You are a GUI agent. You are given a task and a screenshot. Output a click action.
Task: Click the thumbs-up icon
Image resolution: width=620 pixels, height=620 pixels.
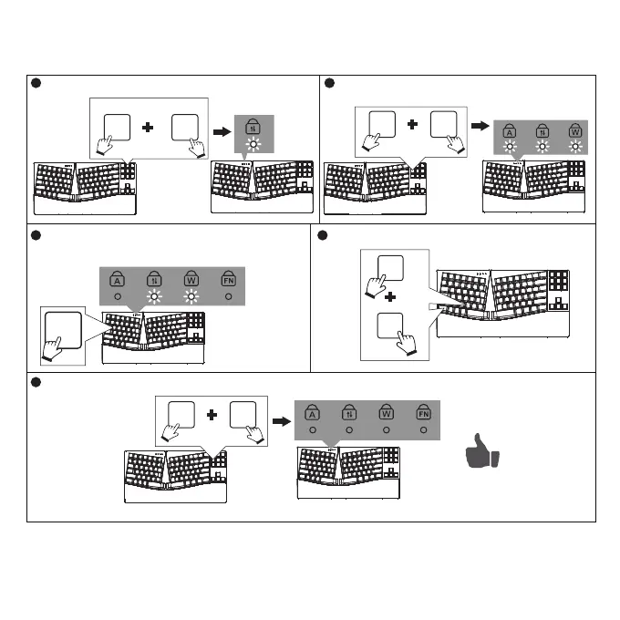pyautogui.click(x=481, y=453)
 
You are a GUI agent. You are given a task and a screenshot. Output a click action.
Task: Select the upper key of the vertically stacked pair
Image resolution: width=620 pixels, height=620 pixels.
pyautogui.click(x=390, y=268)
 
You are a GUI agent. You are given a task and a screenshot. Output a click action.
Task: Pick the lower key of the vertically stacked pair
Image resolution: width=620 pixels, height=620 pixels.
pyautogui.click(x=390, y=325)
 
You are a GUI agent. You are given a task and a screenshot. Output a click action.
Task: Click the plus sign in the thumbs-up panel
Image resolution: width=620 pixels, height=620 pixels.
pyautogui.click(x=212, y=415)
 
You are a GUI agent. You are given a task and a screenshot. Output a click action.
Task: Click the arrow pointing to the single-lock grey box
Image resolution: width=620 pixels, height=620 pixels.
pyautogui.click(x=221, y=131)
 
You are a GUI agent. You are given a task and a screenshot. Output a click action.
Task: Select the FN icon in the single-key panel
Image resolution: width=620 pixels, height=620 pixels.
pyautogui.click(x=228, y=280)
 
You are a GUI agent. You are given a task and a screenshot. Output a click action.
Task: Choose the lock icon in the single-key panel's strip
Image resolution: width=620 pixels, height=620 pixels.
pyautogui.click(x=154, y=280)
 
